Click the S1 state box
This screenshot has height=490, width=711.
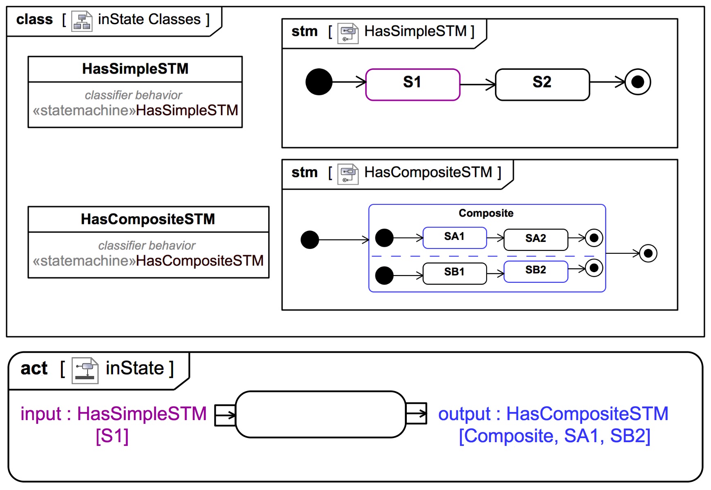point(413,85)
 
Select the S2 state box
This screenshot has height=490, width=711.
point(542,85)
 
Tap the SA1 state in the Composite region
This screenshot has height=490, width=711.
point(454,238)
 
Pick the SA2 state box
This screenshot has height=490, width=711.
point(535,239)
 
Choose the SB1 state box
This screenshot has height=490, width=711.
point(454,273)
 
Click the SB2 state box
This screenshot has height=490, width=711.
point(535,271)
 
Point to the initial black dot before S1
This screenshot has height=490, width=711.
point(319,82)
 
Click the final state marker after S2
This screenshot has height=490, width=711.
point(638,82)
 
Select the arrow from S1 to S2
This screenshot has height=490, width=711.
point(478,85)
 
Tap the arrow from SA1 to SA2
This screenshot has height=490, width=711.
point(495,237)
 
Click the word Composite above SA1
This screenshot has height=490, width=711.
point(486,213)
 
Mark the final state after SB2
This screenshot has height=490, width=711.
point(594,268)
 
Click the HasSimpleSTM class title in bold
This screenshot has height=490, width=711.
point(135,69)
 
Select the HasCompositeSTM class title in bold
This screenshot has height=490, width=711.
point(148,219)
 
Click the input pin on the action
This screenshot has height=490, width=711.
point(225,415)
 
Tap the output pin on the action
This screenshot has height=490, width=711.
point(416,414)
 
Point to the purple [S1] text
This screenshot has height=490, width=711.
point(112,436)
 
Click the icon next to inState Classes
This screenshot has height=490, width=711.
point(81,21)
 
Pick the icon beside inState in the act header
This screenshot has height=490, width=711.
point(85,370)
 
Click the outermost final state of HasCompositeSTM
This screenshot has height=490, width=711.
point(648,253)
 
